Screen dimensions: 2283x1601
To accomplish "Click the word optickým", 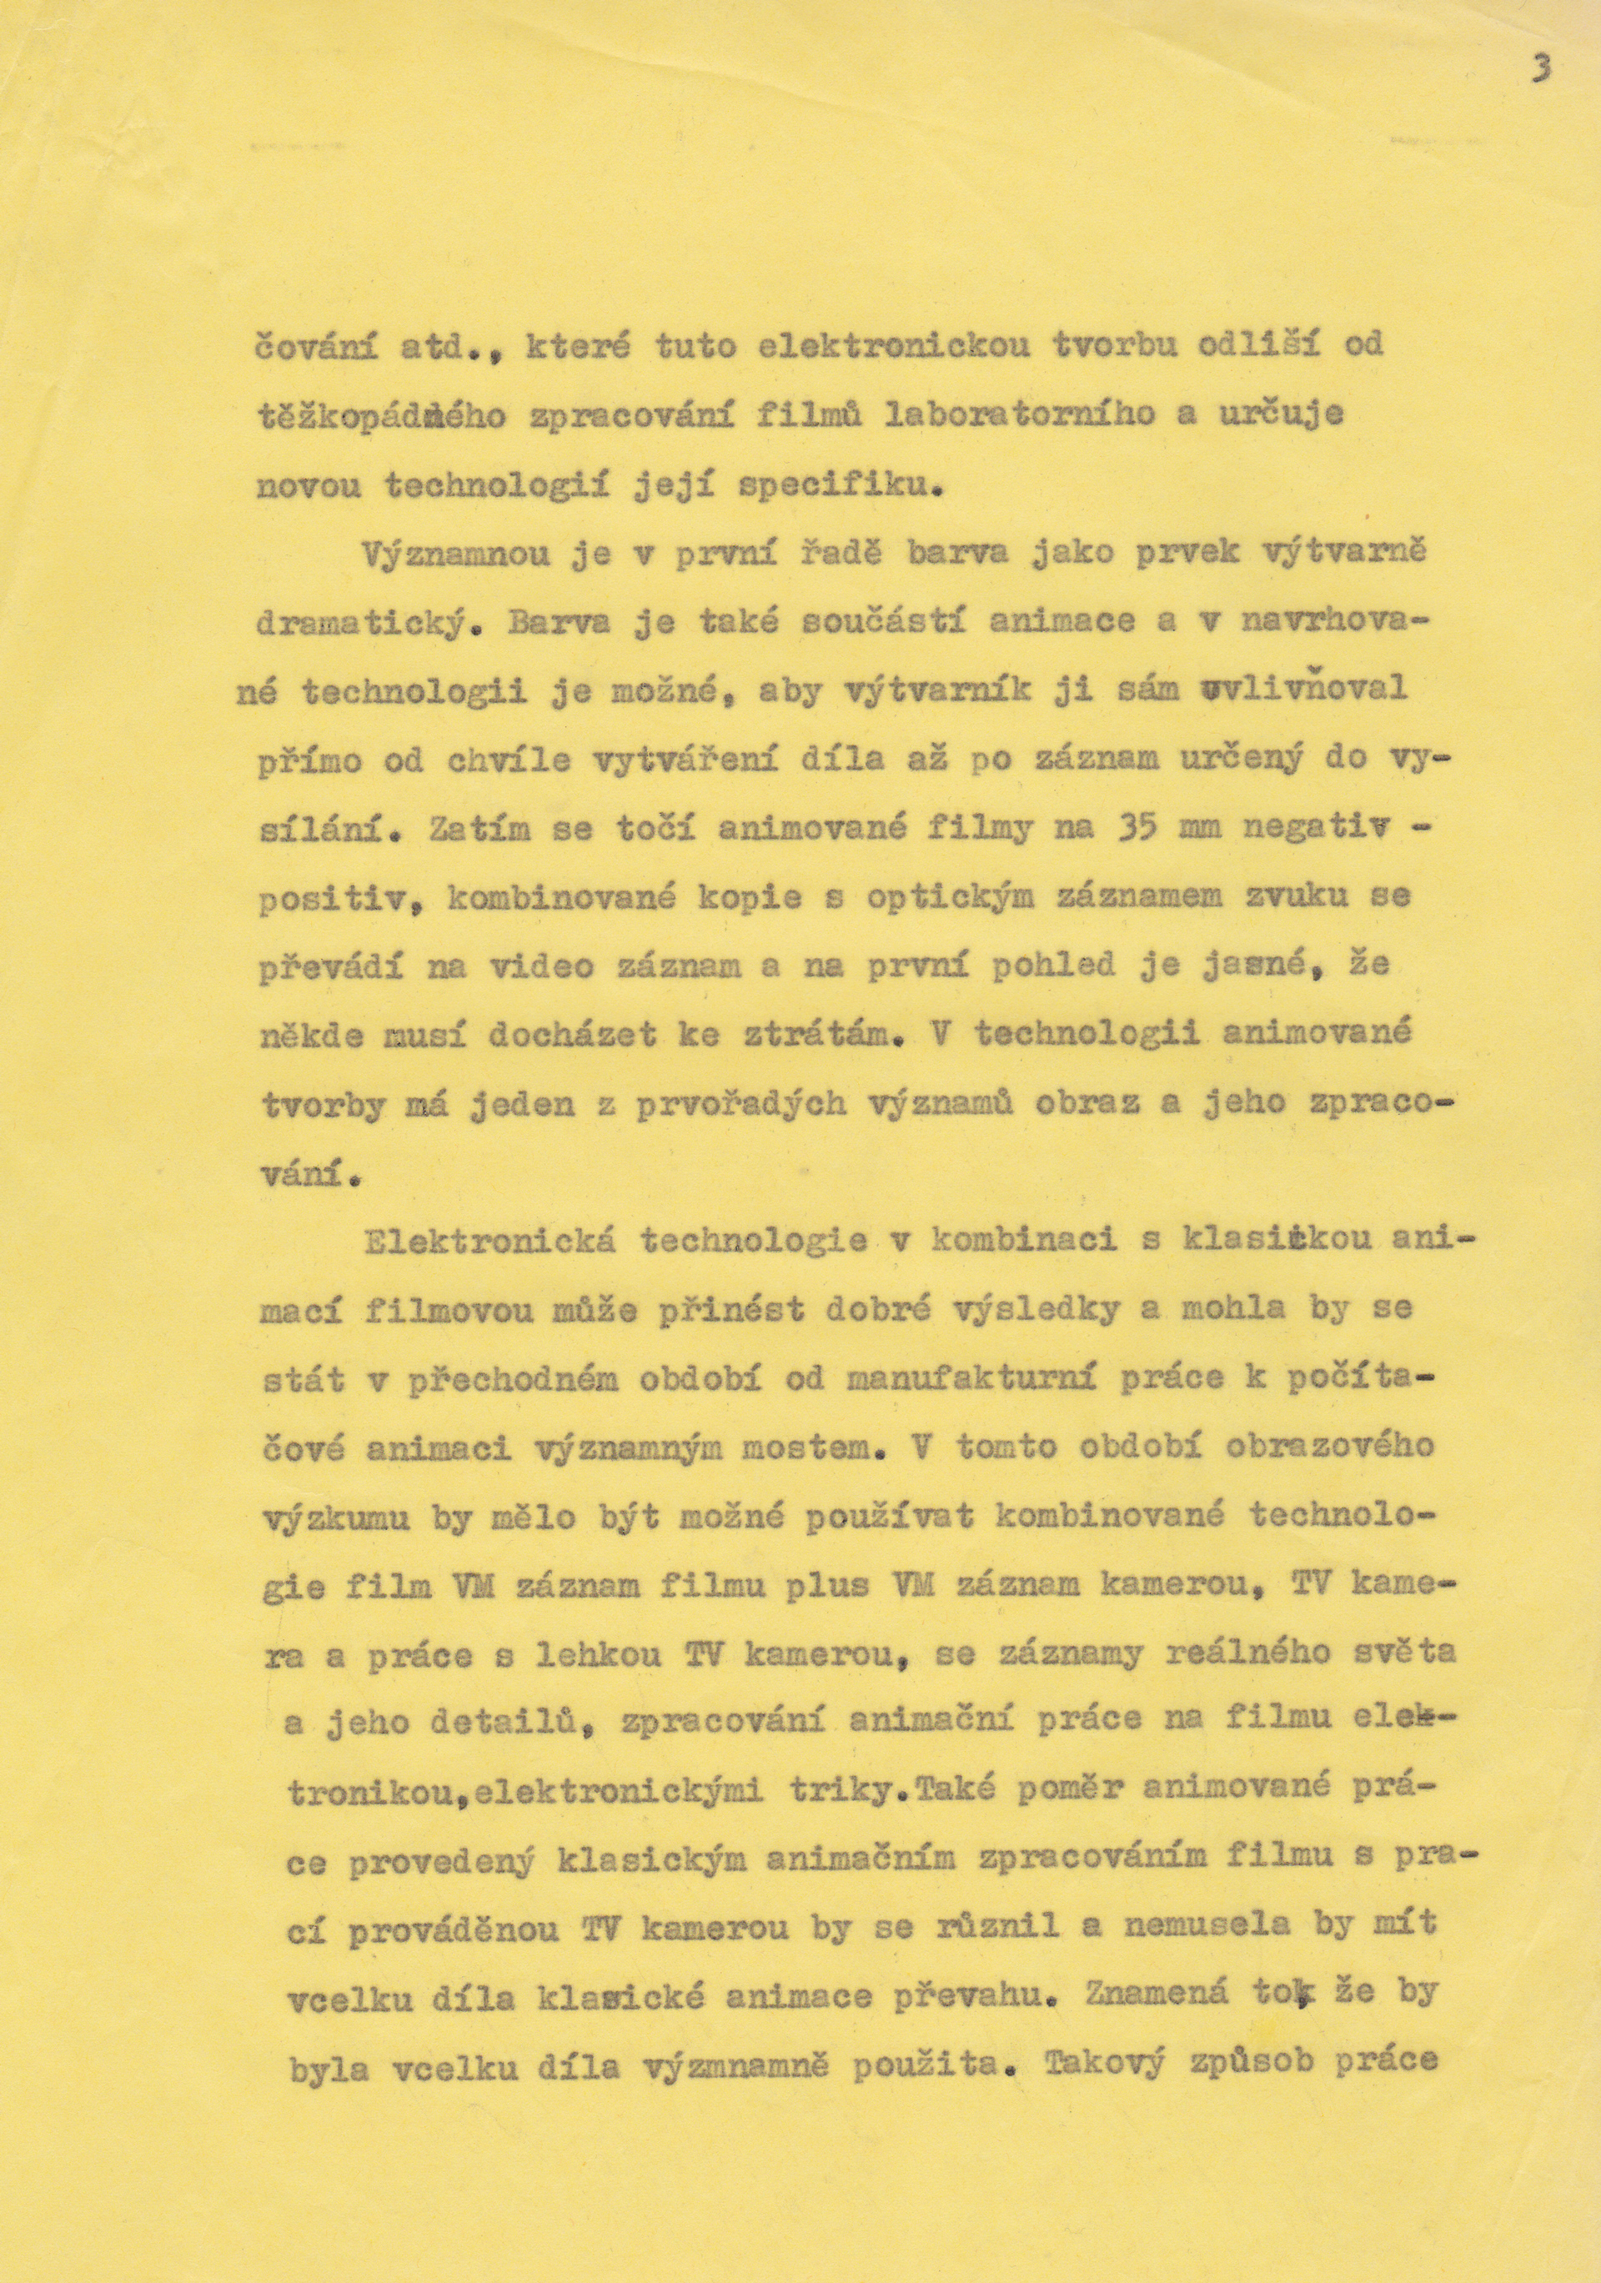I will click(960, 898).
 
